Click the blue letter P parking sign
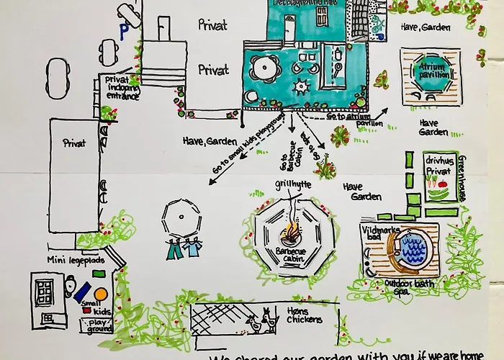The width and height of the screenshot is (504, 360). tap(124, 31)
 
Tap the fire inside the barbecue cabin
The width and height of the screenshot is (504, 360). tap(292, 233)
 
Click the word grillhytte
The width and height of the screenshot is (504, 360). tap(292, 184)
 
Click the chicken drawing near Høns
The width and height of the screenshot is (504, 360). tap(268, 318)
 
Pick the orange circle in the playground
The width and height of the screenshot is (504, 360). tap(101, 294)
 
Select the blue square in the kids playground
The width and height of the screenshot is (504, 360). tap(78, 294)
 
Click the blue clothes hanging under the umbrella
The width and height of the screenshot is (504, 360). tap(184, 249)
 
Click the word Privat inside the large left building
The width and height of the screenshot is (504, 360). tap(73, 143)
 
